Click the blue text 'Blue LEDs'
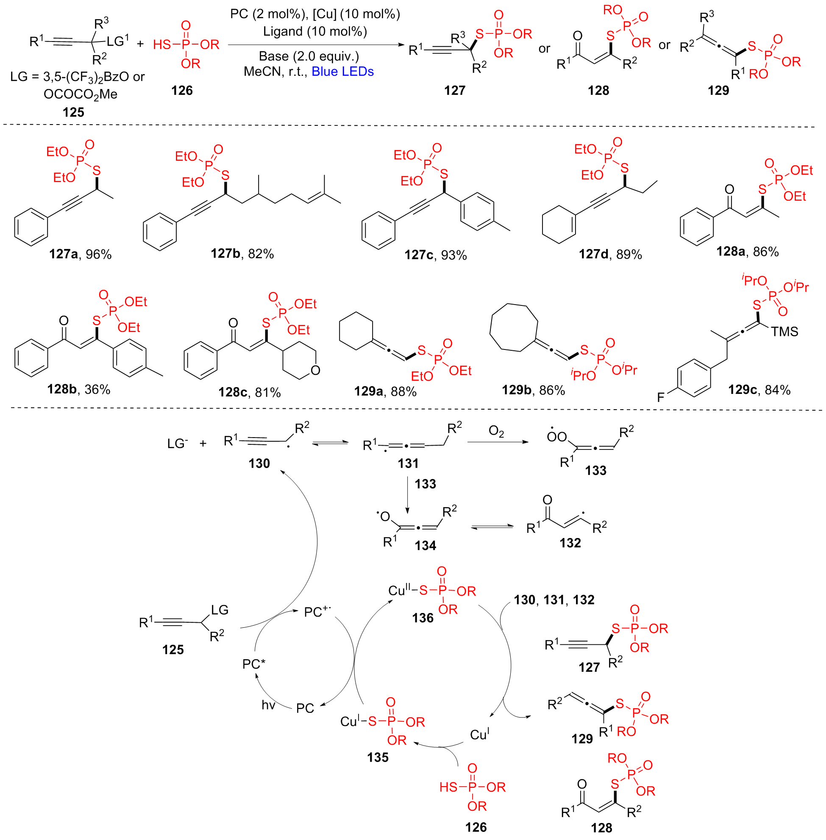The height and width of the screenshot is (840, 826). click(x=342, y=72)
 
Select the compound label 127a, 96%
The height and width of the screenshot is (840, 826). click(x=80, y=254)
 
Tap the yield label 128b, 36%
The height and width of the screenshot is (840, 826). click(x=78, y=389)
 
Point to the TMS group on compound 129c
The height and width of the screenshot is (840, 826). click(x=784, y=332)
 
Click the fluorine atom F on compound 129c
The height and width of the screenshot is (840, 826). click(x=660, y=397)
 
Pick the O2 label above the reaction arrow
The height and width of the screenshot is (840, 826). click(x=496, y=431)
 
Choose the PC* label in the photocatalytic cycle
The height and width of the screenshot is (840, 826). click(x=254, y=664)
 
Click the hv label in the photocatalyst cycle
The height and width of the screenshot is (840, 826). click(x=268, y=705)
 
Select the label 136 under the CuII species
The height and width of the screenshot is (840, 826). click(x=423, y=618)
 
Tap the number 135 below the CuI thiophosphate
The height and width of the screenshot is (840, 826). click(x=378, y=757)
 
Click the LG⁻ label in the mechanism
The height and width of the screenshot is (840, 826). click(x=178, y=444)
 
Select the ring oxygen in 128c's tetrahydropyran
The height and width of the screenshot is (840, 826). click(x=315, y=370)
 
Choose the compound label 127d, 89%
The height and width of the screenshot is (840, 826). click(x=610, y=255)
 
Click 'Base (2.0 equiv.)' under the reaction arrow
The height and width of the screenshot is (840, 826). click(x=309, y=56)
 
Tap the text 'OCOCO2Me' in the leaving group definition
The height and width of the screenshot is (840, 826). click(x=80, y=94)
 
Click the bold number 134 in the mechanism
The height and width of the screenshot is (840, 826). click(x=425, y=546)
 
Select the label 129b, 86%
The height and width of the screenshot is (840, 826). click(x=533, y=390)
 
